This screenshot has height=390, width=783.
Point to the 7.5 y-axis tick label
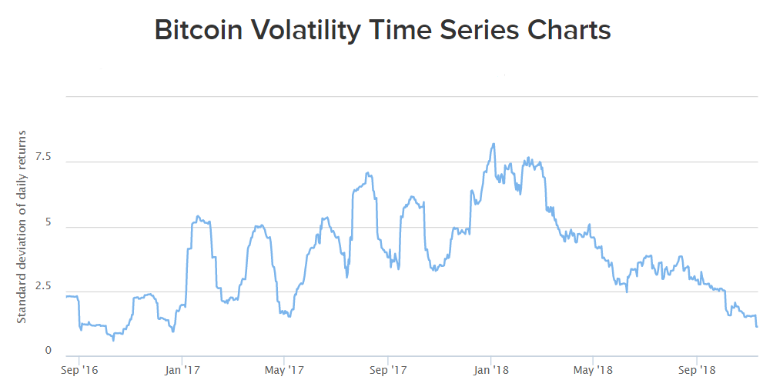[x=43, y=157]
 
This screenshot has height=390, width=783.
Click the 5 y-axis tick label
[x=48, y=222]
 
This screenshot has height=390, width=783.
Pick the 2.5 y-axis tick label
[x=43, y=286]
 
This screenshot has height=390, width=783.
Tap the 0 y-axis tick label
[x=48, y=351]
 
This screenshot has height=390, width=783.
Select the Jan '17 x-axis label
[x=182, y=371]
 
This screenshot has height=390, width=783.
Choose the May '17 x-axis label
[x=284, y=371]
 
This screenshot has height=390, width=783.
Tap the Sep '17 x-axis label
[x=387, y=371]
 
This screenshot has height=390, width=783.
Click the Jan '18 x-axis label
[x=490, y=371]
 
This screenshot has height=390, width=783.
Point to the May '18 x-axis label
[x=594, y=371]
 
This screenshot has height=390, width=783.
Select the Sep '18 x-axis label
[x=697, y=371]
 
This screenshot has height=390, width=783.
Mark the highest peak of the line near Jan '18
[x=493, y=144]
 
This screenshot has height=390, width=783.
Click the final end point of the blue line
[x=757, y=327]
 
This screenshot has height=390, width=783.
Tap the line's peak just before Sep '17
[x=368, y=173]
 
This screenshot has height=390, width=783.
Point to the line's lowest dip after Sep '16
[x=113, y=340]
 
